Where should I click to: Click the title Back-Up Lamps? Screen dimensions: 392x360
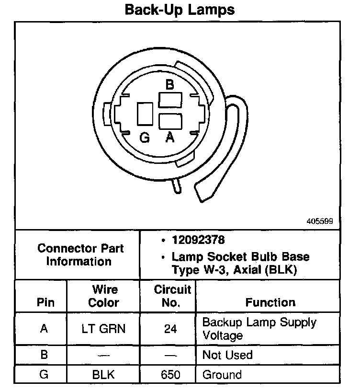[180, 10]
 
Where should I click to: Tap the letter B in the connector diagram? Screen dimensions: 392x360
[169, 85]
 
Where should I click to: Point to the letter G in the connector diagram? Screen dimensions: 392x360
[145, 138]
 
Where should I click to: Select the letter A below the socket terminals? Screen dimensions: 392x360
[169, 138]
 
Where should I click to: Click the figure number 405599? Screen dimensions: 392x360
[320, 222]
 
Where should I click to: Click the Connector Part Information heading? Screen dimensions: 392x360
[80, 255]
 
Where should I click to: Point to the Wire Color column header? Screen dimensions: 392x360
[104, 296]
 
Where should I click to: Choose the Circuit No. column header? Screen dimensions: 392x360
[173, 296]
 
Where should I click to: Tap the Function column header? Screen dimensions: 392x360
[270, 302]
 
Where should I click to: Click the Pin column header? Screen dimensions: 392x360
[45, 302]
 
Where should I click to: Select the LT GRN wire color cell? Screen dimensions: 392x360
[104, 329]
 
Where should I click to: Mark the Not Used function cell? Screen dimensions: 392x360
[227, 355]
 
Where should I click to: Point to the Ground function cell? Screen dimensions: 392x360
[222, 374]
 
